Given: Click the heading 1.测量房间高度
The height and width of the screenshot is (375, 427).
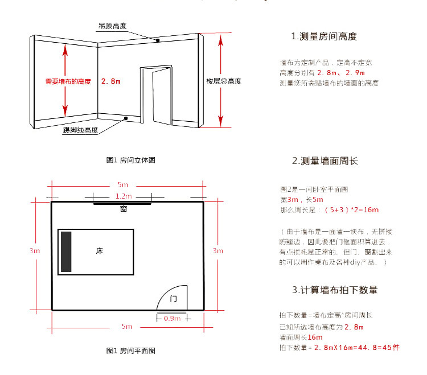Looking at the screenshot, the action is (324, 36).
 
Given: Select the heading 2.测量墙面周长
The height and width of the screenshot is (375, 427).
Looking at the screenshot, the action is (325, 161).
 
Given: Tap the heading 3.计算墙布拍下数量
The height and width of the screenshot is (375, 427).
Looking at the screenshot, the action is (335, 290).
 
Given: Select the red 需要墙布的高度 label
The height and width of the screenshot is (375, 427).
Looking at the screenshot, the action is (68, 81).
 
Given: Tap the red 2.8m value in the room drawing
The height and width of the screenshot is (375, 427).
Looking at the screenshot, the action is (111, 81).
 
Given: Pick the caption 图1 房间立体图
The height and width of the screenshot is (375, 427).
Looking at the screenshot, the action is (131, 160).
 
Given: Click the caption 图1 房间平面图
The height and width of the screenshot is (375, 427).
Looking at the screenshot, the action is (131, 351).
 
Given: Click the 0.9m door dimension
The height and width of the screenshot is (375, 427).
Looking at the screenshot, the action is (172, 319).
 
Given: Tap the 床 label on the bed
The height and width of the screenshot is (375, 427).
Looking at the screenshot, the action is (99, 250).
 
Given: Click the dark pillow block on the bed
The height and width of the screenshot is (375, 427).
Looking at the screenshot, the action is (66, 251).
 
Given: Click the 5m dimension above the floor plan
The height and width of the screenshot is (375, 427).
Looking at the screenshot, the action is (123, 185).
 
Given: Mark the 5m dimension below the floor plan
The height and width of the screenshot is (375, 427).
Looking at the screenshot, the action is (126, 327).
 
